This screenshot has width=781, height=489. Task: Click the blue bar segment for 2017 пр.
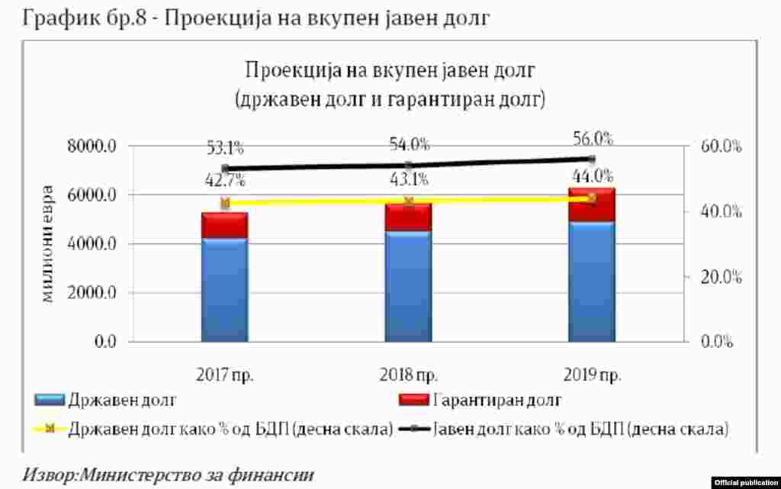click(224, 290)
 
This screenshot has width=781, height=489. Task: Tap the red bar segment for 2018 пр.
click(408, 217)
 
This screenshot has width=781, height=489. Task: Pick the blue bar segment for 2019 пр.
click(591, 282)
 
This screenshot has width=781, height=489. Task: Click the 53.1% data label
click(225, 148)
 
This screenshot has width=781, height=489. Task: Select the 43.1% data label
click(408, 181)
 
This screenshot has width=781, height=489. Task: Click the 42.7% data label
click(225, 183)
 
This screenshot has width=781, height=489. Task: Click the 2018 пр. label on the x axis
click(408, 375)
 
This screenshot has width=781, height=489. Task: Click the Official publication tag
click(746, 482)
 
